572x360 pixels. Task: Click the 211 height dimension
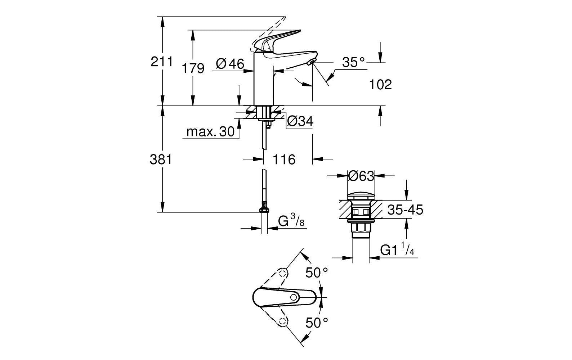pos(162,62)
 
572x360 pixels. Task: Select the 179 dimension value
pos(193,68)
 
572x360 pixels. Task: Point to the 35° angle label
pos(353,62)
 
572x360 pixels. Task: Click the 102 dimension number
pos(380,85)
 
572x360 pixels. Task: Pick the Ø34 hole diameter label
pos(300,122)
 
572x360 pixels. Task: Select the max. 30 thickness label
pos(211,132)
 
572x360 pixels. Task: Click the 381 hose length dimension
pos(161,159)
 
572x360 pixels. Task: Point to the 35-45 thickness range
pos(405,210)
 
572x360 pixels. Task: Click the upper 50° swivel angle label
pos(317,273)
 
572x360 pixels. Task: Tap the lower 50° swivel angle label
pos(317,322)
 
